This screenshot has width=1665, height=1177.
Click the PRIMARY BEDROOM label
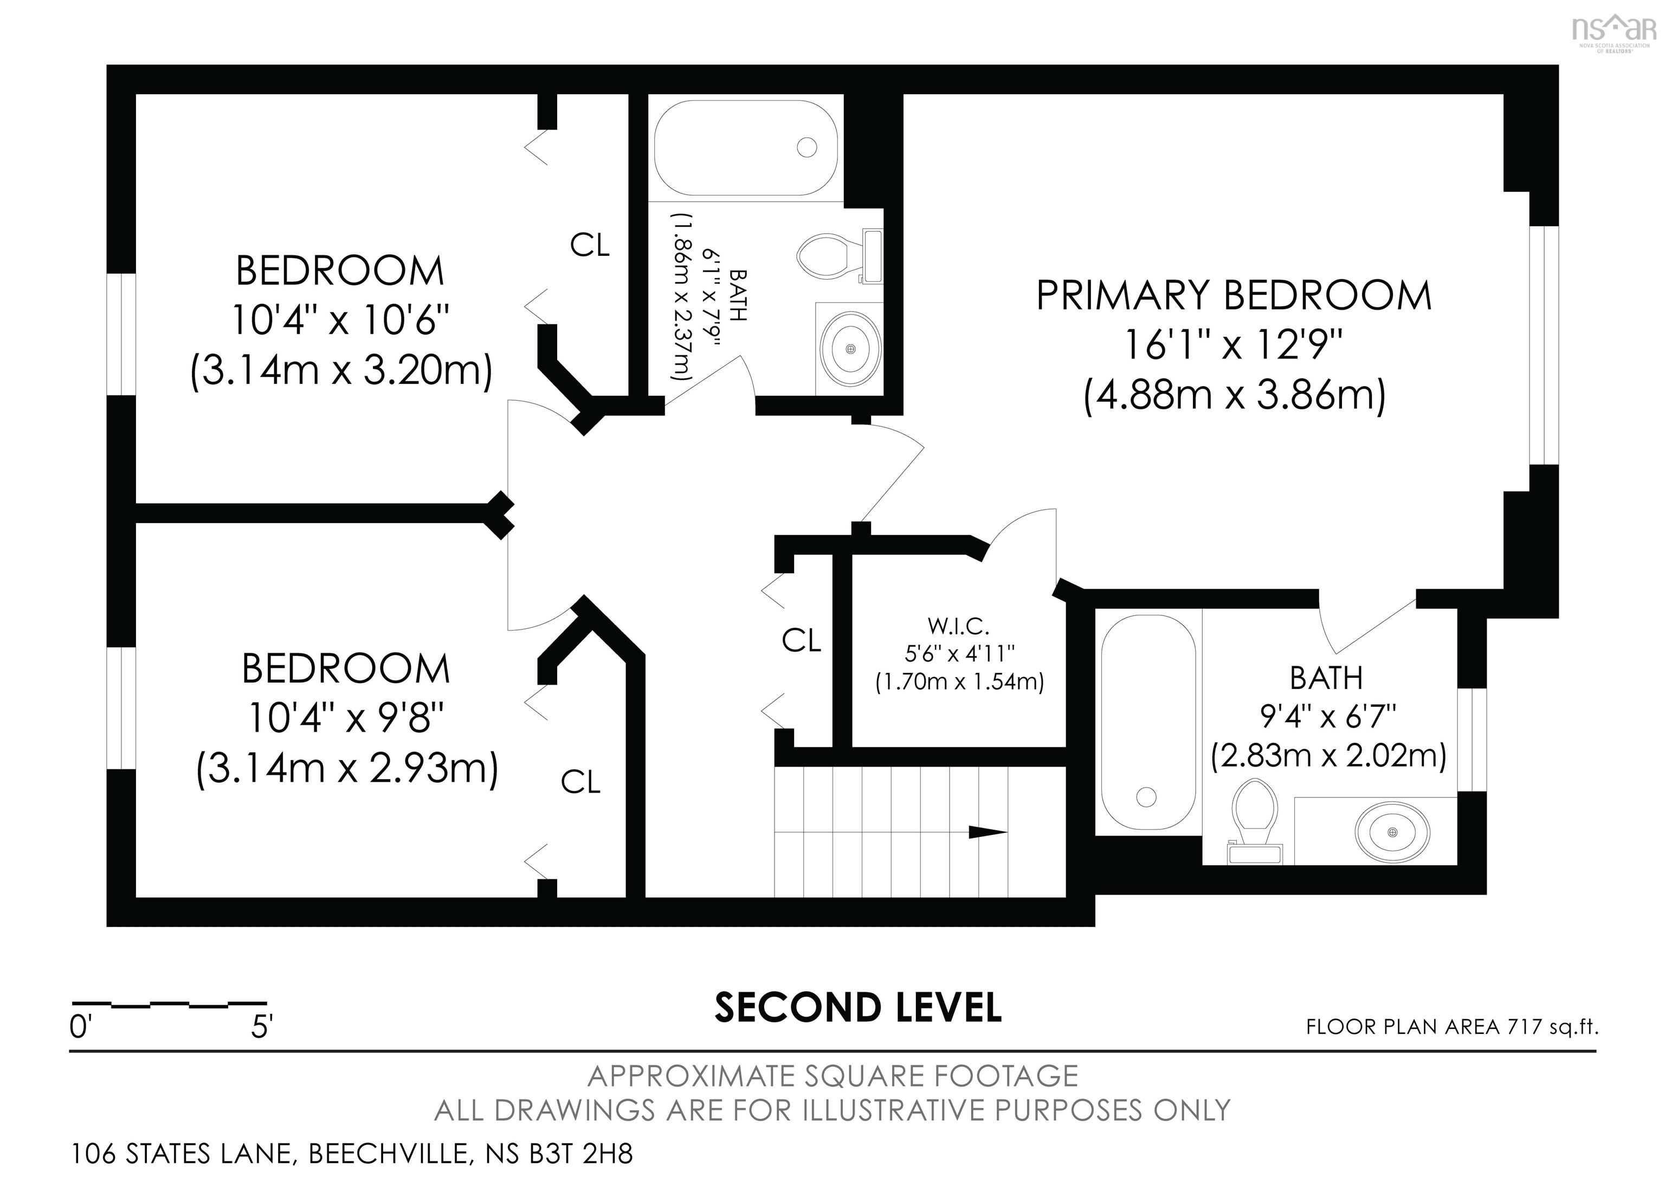coord(1234,296)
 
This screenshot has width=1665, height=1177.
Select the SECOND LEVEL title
coord(858,1007)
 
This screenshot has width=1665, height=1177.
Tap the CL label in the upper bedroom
coord(590,245)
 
